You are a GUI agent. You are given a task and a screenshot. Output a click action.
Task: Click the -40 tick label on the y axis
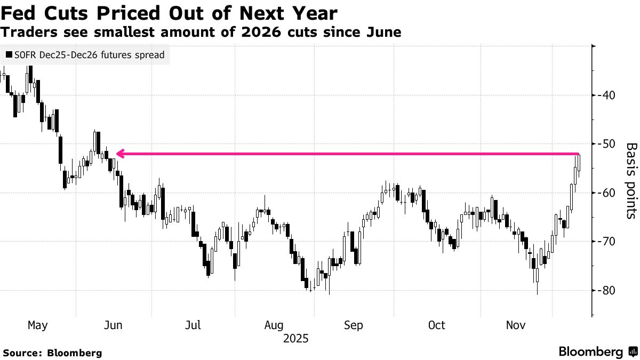pos(607,95)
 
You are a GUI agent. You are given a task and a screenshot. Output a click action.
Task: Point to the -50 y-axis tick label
pos(607,144)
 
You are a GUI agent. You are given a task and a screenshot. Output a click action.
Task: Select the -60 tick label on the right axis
pos(607,193)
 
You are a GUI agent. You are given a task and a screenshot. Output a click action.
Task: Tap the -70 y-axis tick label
pos(607,242)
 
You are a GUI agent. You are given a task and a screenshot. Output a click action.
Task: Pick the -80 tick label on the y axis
pos(607,291)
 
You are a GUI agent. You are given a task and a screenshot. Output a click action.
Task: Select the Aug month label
pos(274,325)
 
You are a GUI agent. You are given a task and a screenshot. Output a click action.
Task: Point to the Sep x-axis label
pos(355,325)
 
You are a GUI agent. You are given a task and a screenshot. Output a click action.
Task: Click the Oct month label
pos(436,325)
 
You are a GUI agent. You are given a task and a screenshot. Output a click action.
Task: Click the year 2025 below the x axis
pos(296,339)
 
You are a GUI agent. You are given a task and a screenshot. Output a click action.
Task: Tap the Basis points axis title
pos(630,181)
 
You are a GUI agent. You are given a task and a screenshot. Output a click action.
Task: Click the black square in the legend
pos(9,55)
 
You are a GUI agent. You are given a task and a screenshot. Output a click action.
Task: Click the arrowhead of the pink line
pos(120,154)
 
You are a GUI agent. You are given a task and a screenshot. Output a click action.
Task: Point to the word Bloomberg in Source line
pos(75,353)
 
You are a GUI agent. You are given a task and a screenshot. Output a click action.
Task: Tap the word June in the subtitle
pos(382,33)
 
